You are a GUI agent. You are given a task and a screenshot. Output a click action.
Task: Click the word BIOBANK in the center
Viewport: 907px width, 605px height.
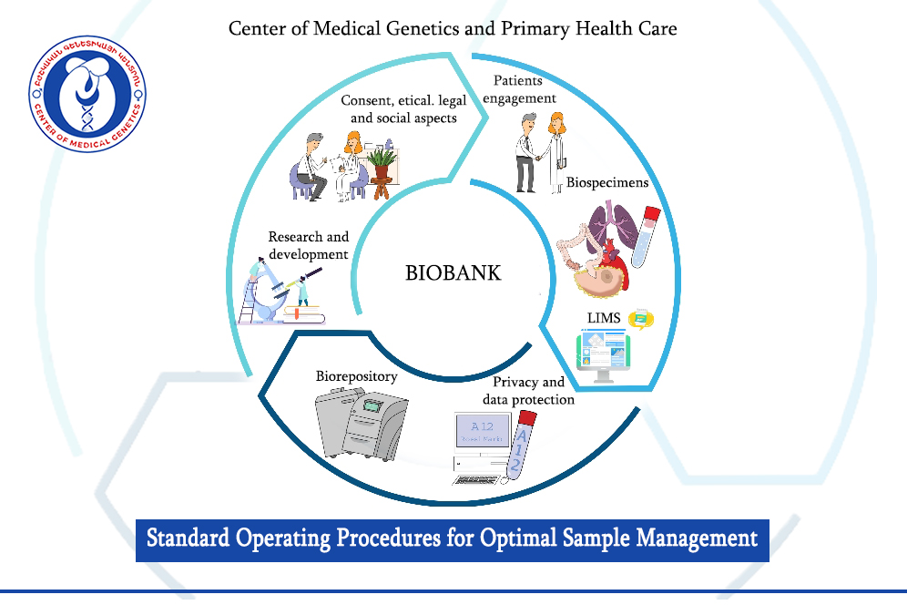point(453,272)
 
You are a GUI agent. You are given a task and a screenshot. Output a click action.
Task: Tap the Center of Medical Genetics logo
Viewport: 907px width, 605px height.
point(87,94)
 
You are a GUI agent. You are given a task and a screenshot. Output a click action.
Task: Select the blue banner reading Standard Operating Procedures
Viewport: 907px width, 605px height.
point(453,538)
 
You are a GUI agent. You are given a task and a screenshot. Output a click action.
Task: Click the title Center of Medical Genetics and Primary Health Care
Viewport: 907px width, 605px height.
point(453,28)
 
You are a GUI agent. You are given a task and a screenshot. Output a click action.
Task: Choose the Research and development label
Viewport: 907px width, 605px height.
point(308,246)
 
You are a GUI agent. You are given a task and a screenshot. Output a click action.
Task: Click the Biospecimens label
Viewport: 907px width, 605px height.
point(607,182)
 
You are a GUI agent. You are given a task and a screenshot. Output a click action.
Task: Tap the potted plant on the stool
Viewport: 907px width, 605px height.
point(382,166)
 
